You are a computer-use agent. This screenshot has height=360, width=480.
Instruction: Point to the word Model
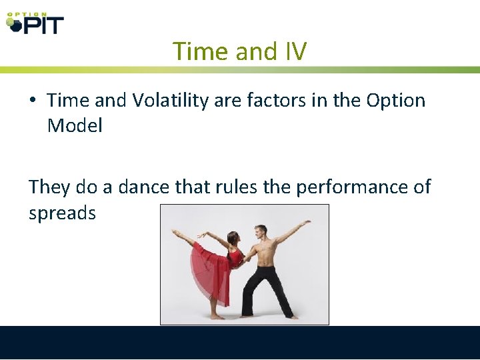point(75,125)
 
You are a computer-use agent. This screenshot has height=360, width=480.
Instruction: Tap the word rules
point(237,187)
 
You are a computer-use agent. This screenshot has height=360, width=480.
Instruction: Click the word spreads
point(62,213)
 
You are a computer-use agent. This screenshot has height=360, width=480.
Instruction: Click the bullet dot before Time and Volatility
point(33,101)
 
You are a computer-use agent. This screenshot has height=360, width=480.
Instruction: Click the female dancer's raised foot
point(175,232)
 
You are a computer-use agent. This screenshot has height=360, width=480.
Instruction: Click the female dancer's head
point(233,238)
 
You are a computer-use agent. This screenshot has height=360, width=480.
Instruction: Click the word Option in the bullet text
point(395,100)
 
